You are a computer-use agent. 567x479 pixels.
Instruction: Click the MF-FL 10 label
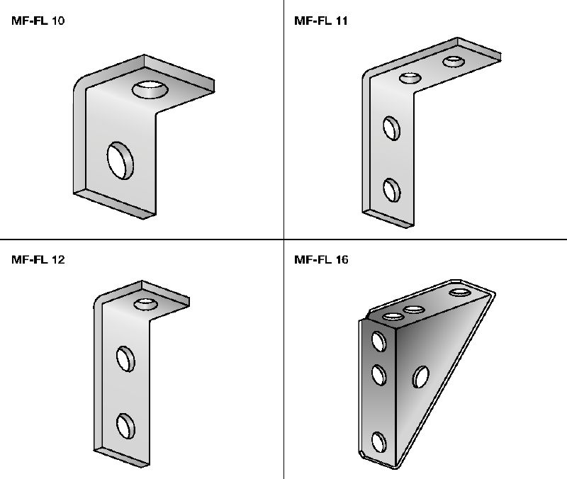point(38,21)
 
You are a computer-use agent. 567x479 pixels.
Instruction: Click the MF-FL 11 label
point(321,21)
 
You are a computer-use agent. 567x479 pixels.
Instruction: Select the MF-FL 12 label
point(38,259)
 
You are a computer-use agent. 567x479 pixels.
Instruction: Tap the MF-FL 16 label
point(321,259)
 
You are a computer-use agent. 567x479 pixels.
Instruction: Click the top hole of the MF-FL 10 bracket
point(150,89)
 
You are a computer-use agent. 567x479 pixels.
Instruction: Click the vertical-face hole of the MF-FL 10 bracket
point(120,160)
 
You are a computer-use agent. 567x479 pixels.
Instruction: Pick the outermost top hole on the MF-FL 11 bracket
point(454,61)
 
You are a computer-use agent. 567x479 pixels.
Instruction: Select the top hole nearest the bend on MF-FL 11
point(410,78)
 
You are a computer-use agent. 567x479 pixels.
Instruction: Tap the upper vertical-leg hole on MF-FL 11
point(392,128)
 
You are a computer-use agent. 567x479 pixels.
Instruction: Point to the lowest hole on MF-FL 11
point(392,190)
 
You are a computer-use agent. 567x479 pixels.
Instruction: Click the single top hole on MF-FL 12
point(145,304)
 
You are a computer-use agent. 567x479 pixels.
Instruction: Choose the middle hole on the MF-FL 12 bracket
point(125,359)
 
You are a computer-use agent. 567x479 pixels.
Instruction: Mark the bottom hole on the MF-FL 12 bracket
point(125,426)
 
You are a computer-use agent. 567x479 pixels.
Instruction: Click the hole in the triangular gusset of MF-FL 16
point(421,377)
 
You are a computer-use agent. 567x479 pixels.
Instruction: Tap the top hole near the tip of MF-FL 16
point(460,292)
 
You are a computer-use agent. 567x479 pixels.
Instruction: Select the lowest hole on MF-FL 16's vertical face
point(379,442)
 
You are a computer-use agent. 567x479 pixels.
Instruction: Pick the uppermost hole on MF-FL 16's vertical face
point(379,342)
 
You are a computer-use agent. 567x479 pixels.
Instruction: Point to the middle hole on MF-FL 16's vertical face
point(379,375)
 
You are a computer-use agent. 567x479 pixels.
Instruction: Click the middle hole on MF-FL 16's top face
point(414,310)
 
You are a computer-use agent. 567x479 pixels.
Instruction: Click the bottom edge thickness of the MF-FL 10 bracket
point(115,204)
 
